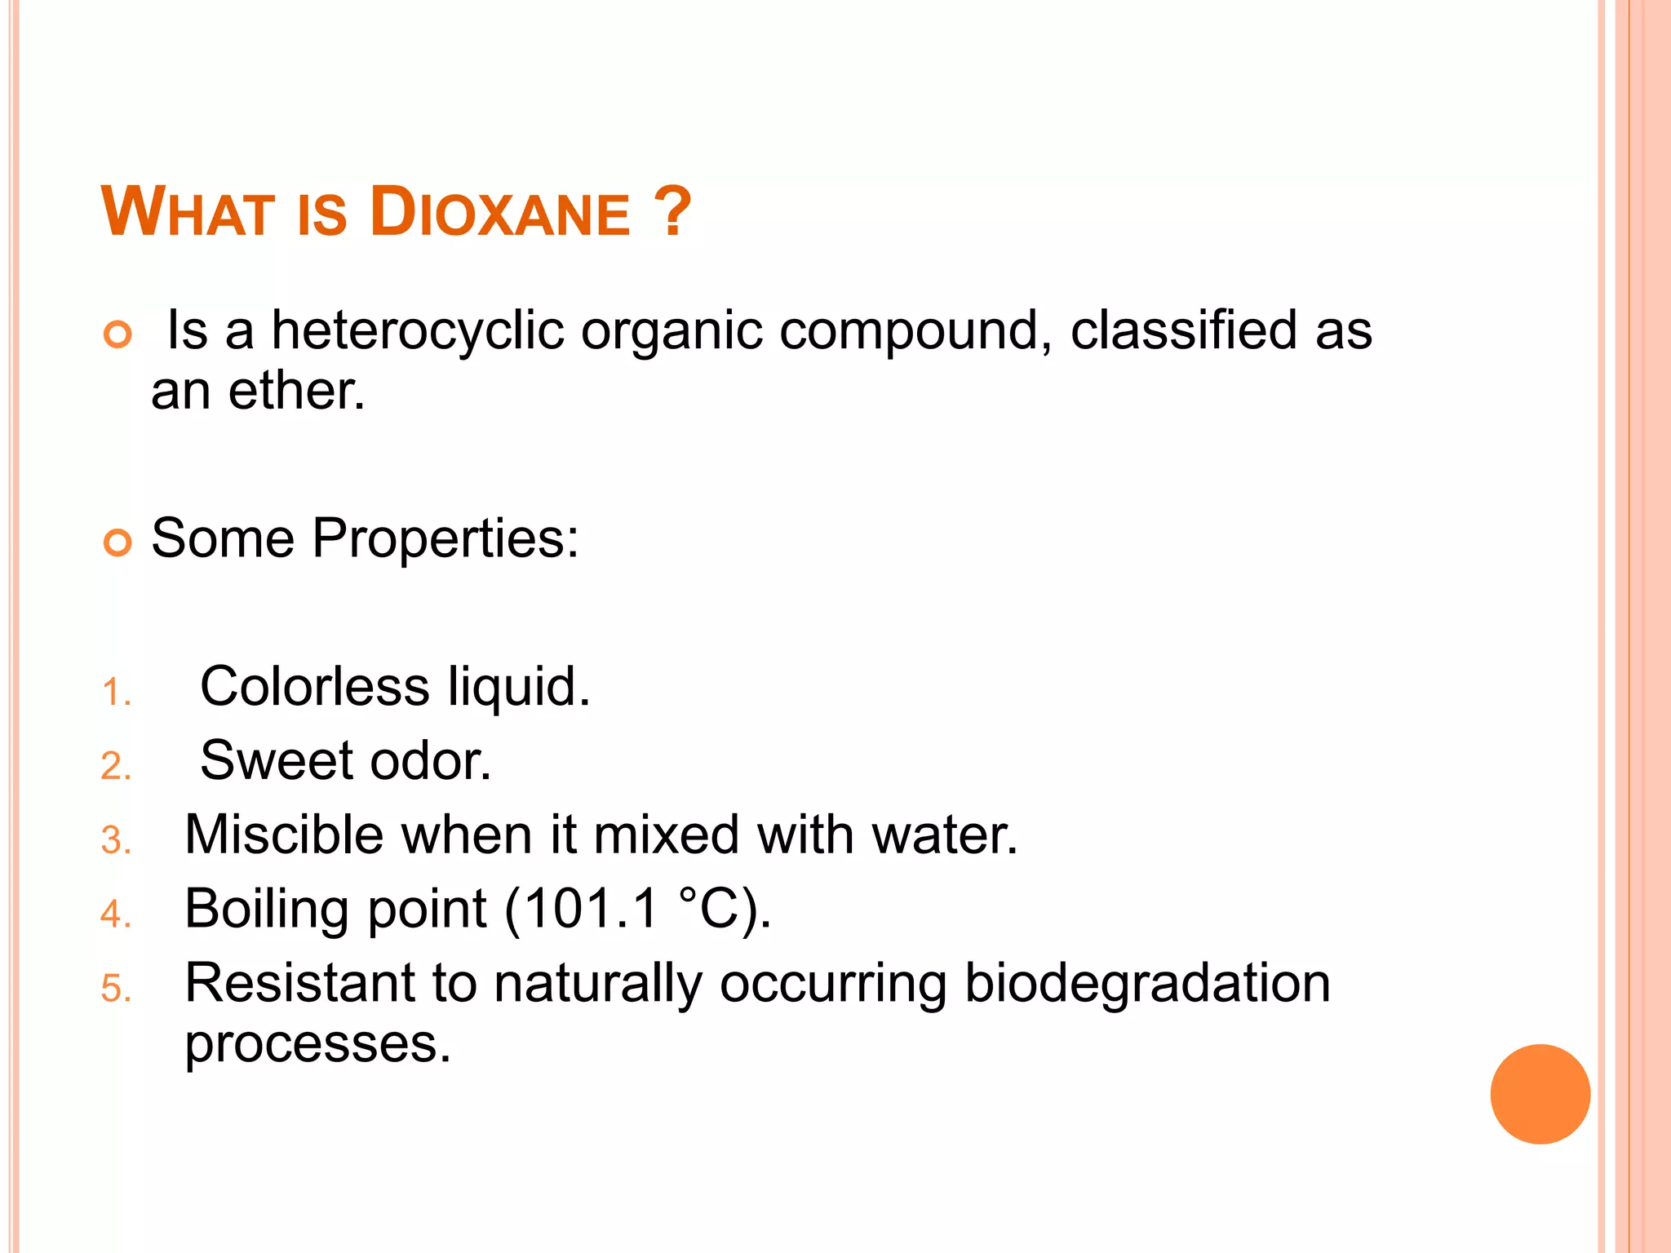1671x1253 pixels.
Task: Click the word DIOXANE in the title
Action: (x=500, y=214)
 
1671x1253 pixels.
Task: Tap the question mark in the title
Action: (x=673, y=212)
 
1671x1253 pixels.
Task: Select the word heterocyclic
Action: (x=417, y=331)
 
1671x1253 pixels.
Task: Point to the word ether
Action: (x=295, y=392)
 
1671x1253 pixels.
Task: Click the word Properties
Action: (x=445, y=539)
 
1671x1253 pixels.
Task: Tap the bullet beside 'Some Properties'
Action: (x=118, y=542)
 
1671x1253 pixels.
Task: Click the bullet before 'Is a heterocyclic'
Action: (x=118, y=334)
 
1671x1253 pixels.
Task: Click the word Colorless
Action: (x=314, y=687)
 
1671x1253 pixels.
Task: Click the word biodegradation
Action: (x=1147, y=984)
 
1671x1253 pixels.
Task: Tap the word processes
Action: (x=317, y=1045)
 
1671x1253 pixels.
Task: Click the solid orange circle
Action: (x=1540, y=1094)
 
